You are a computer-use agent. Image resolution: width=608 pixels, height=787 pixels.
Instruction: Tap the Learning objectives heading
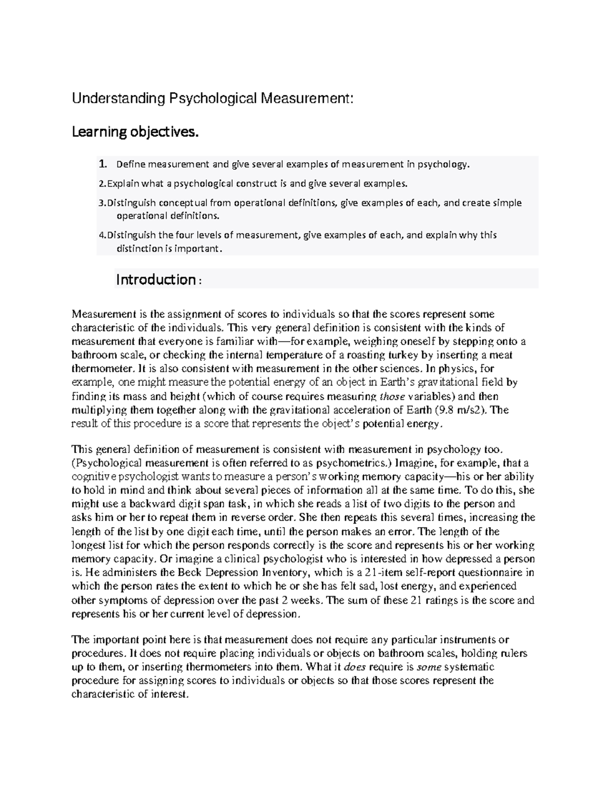pyautogui.click(x=133, y=132)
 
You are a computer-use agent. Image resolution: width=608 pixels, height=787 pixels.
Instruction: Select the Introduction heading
pyautogui.click(x=156, y=279)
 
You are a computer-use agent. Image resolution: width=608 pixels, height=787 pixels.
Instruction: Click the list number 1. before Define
pyautogui.click(x=103, y=164)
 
